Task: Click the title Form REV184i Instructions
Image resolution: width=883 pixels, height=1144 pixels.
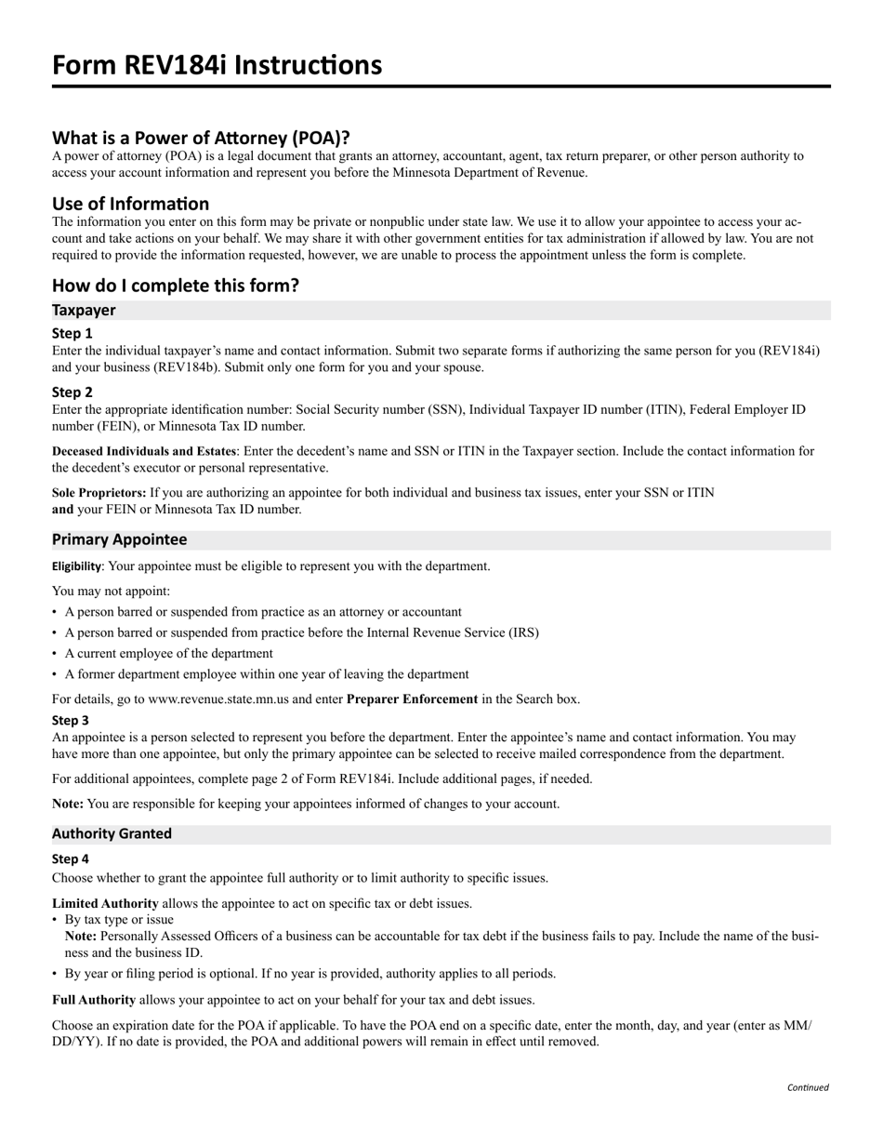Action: pos(217,65)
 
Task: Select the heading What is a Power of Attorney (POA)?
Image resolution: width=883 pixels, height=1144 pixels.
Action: pos(201,138)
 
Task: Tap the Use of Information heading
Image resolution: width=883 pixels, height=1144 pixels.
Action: pos(130,203)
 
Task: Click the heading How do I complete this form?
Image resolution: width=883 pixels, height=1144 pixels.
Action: pos(176,285)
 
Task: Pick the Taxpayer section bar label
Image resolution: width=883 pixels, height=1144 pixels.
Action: pos(84,310)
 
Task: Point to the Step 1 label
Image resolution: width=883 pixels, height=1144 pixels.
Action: pos(72,333)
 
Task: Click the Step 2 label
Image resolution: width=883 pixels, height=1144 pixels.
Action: pos(72,392)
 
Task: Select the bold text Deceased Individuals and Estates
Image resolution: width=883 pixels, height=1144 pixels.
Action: pos(144,451)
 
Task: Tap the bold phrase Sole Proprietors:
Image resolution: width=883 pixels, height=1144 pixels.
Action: pos(99,492)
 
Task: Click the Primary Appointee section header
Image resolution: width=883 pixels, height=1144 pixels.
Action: pos(119,539)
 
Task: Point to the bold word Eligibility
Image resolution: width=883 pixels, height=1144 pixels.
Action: pos(76,566)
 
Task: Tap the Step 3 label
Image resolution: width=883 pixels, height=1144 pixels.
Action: pos(71,720)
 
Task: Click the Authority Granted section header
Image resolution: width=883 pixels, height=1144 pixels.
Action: pos(112,833)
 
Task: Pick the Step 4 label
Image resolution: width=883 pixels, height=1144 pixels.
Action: pos(71,858)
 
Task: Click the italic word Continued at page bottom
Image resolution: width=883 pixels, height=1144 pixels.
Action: pos(807,1087)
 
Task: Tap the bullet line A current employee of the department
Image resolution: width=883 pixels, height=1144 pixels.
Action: pos(168,653)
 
